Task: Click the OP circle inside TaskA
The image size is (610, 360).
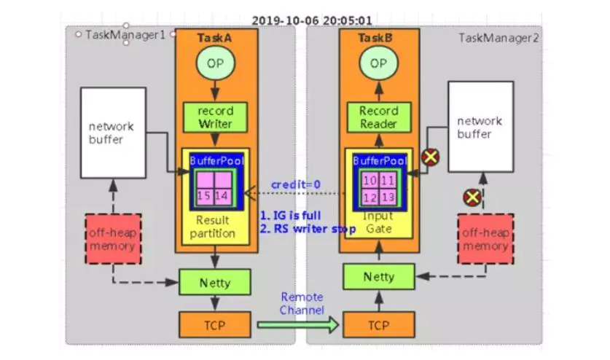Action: tap(216, 63)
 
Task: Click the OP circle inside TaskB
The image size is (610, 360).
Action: tap(378, 63)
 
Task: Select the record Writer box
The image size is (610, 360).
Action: tap(216, 117)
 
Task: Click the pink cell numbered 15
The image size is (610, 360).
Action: tap(205, 196)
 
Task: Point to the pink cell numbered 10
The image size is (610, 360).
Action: tap(369, 179)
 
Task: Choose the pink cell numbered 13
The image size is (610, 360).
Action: tap(388, 197)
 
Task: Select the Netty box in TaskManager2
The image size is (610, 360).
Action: tap(379, 276)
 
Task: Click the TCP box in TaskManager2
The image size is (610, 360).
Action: tap(379, 324)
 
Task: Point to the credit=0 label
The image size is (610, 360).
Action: tap(295, 185)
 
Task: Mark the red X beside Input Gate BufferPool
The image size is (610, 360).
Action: tap(431, 155)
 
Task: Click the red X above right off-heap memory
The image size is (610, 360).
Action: tap(472, 197)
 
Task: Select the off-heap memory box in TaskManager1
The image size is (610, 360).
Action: tap(113, 239)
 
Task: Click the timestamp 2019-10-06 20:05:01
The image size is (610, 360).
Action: tap(311, 21)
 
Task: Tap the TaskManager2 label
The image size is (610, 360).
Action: tap(499, 37)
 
